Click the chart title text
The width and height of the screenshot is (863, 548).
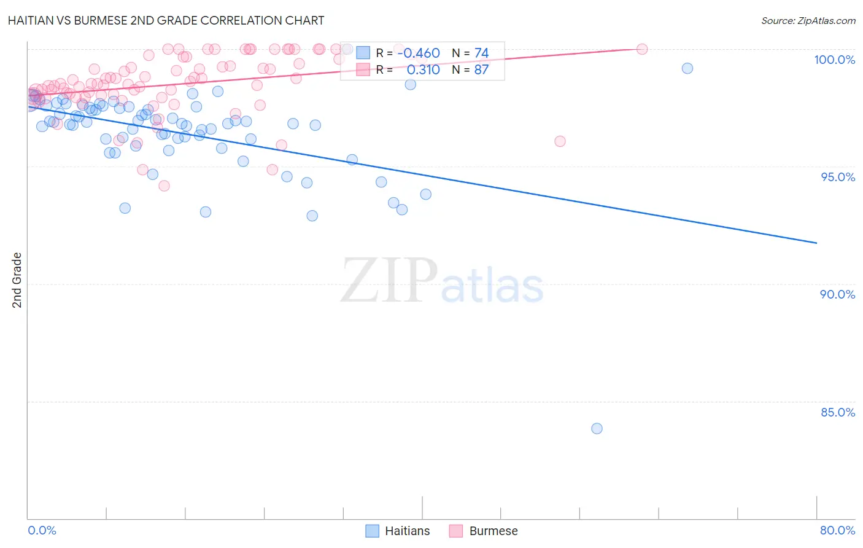[166, 20]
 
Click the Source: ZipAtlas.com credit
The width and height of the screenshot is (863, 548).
[808, 20]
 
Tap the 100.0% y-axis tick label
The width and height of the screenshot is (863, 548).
[834, 60]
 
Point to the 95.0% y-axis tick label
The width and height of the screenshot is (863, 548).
[838, 177]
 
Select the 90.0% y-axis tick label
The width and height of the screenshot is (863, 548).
[837, 294]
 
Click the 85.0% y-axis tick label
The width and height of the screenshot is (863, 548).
[837, 412]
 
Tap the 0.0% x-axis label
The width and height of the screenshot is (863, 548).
[42, 530]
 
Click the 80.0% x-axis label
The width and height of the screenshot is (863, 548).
[837, 530]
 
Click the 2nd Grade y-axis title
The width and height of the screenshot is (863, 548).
[17, 280]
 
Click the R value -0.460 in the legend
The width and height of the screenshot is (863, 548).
[419, 53]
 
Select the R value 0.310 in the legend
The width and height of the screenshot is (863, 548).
[423, 69]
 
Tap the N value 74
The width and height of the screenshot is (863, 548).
[481, 53]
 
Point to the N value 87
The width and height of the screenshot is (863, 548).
[481, 69]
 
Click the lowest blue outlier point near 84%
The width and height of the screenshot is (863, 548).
[597, 428]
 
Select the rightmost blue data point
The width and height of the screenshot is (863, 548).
[687, 68]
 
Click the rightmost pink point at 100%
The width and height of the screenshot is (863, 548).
[642, 49]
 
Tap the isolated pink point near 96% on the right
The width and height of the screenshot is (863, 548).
[560, 141]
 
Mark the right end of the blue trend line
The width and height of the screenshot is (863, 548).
[816, 243]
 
